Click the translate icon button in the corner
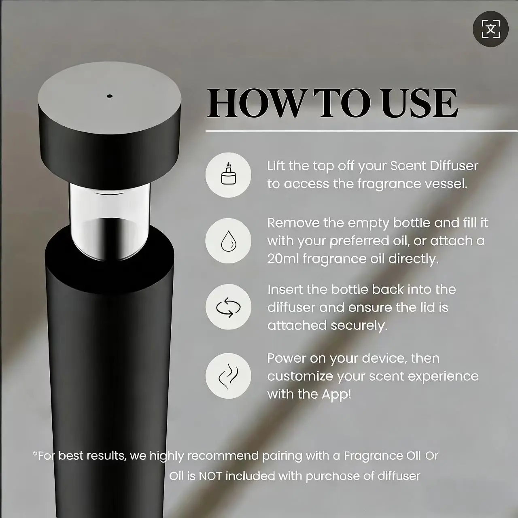pyautogui.click(x=490, y=29)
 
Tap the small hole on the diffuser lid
pyautogui.click(x=109, y=96)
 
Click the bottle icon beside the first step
pyautogui.click(x=228, y=175)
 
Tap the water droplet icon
pyautogui.click(x=228, y=240)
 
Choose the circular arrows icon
pyautogui.click(x=228, y=307)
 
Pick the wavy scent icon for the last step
pyautogui.click(x=228, y=376)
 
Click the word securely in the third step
pyautogui.click(x=359, y=326)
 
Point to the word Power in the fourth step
pyautogui.click(x=287, y=358)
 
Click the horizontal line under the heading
pyautogui.click(x=361, y=131)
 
